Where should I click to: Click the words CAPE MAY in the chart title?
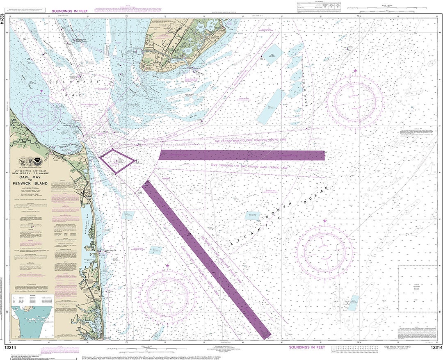[x=30, y=177]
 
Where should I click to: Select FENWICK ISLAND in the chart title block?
[x=30, y=184]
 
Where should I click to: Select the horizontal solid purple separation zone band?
[x=242, y=155]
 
